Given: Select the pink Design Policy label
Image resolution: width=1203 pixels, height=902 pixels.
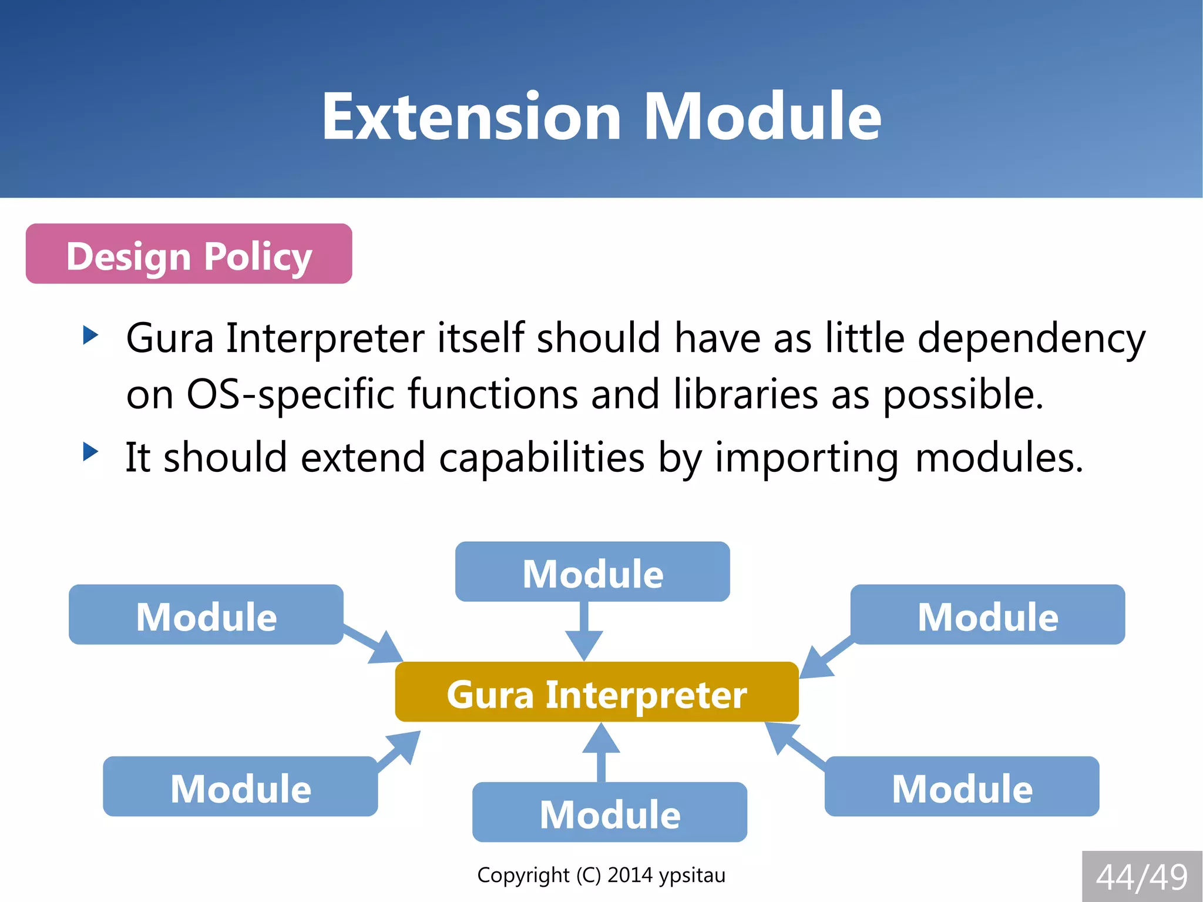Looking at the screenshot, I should pos(189,254).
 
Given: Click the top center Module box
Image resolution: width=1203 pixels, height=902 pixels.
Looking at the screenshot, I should pos(592,572).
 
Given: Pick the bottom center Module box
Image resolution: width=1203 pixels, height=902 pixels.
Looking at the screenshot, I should pos(610,813).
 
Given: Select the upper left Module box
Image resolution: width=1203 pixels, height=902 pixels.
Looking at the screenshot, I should pos(206,615).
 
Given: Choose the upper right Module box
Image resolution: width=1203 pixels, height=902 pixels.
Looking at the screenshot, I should pos(987,615).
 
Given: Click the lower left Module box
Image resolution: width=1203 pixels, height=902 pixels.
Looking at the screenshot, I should pos(240,787).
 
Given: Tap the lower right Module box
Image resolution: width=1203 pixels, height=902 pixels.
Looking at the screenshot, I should pos(962,787).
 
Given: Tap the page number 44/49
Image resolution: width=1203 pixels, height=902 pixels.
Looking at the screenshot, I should pos(1141,877).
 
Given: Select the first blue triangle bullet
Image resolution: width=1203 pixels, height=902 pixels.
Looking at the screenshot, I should pos(90,336).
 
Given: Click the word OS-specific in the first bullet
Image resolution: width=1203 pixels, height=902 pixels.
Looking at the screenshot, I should pos(290,394).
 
